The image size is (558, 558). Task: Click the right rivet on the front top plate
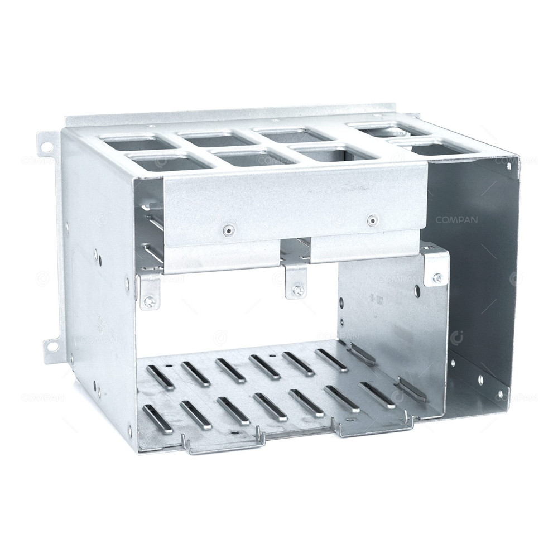tap(371, 221)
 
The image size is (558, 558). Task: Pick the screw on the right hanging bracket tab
tap(437, 277)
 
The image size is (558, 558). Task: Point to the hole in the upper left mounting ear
tap(48, 147)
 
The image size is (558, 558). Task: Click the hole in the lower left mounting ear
tap(51, 346)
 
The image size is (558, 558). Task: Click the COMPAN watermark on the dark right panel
tap(456, 220)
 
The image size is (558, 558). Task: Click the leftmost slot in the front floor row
tap(152, 417)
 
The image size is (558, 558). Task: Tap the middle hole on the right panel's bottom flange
tap(480, 379)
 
